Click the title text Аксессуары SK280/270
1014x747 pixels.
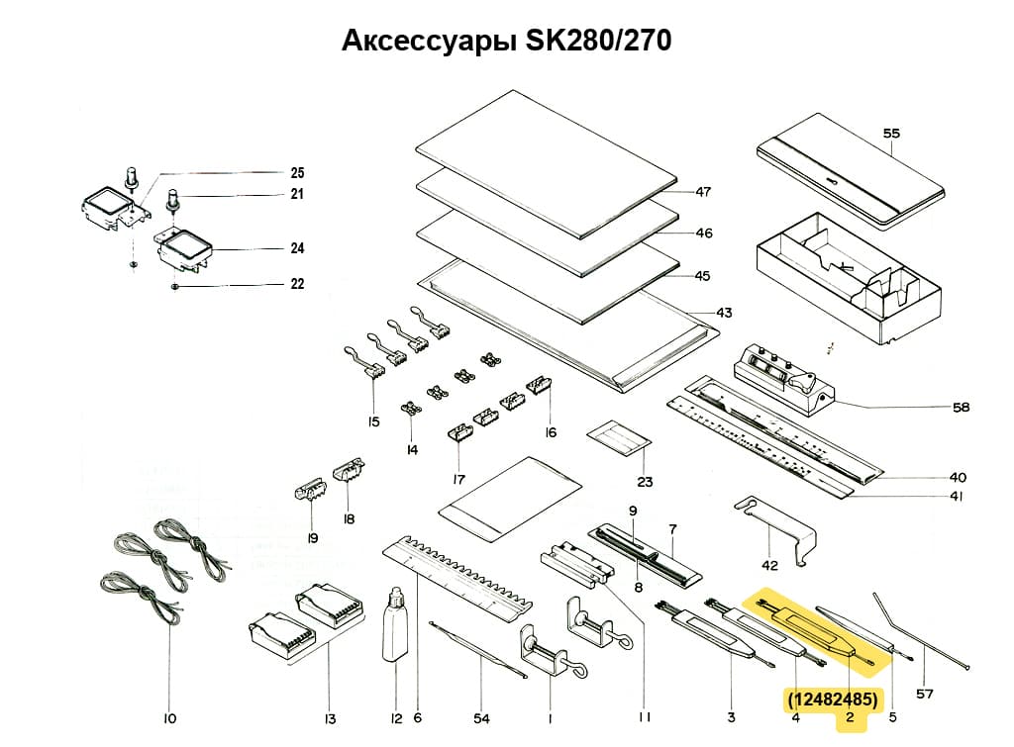pyautogui.click(x=506, y=41)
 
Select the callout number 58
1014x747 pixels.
pyautogui.click(x=960, y=407)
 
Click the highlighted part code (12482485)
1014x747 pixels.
pyautogui.click(x=832, y=700)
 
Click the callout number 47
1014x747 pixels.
pyautogui.click(x=703, y=192)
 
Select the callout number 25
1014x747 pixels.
pyautogui.click(x=297, y=172)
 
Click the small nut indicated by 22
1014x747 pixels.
pyautogui.click(x=174, y=286)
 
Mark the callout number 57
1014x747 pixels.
pyautogui.click(x=924, y=694)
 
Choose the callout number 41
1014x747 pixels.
pyautogui.click(x=956, y=497)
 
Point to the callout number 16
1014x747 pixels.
pyautogui.click(x=551, y=432)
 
